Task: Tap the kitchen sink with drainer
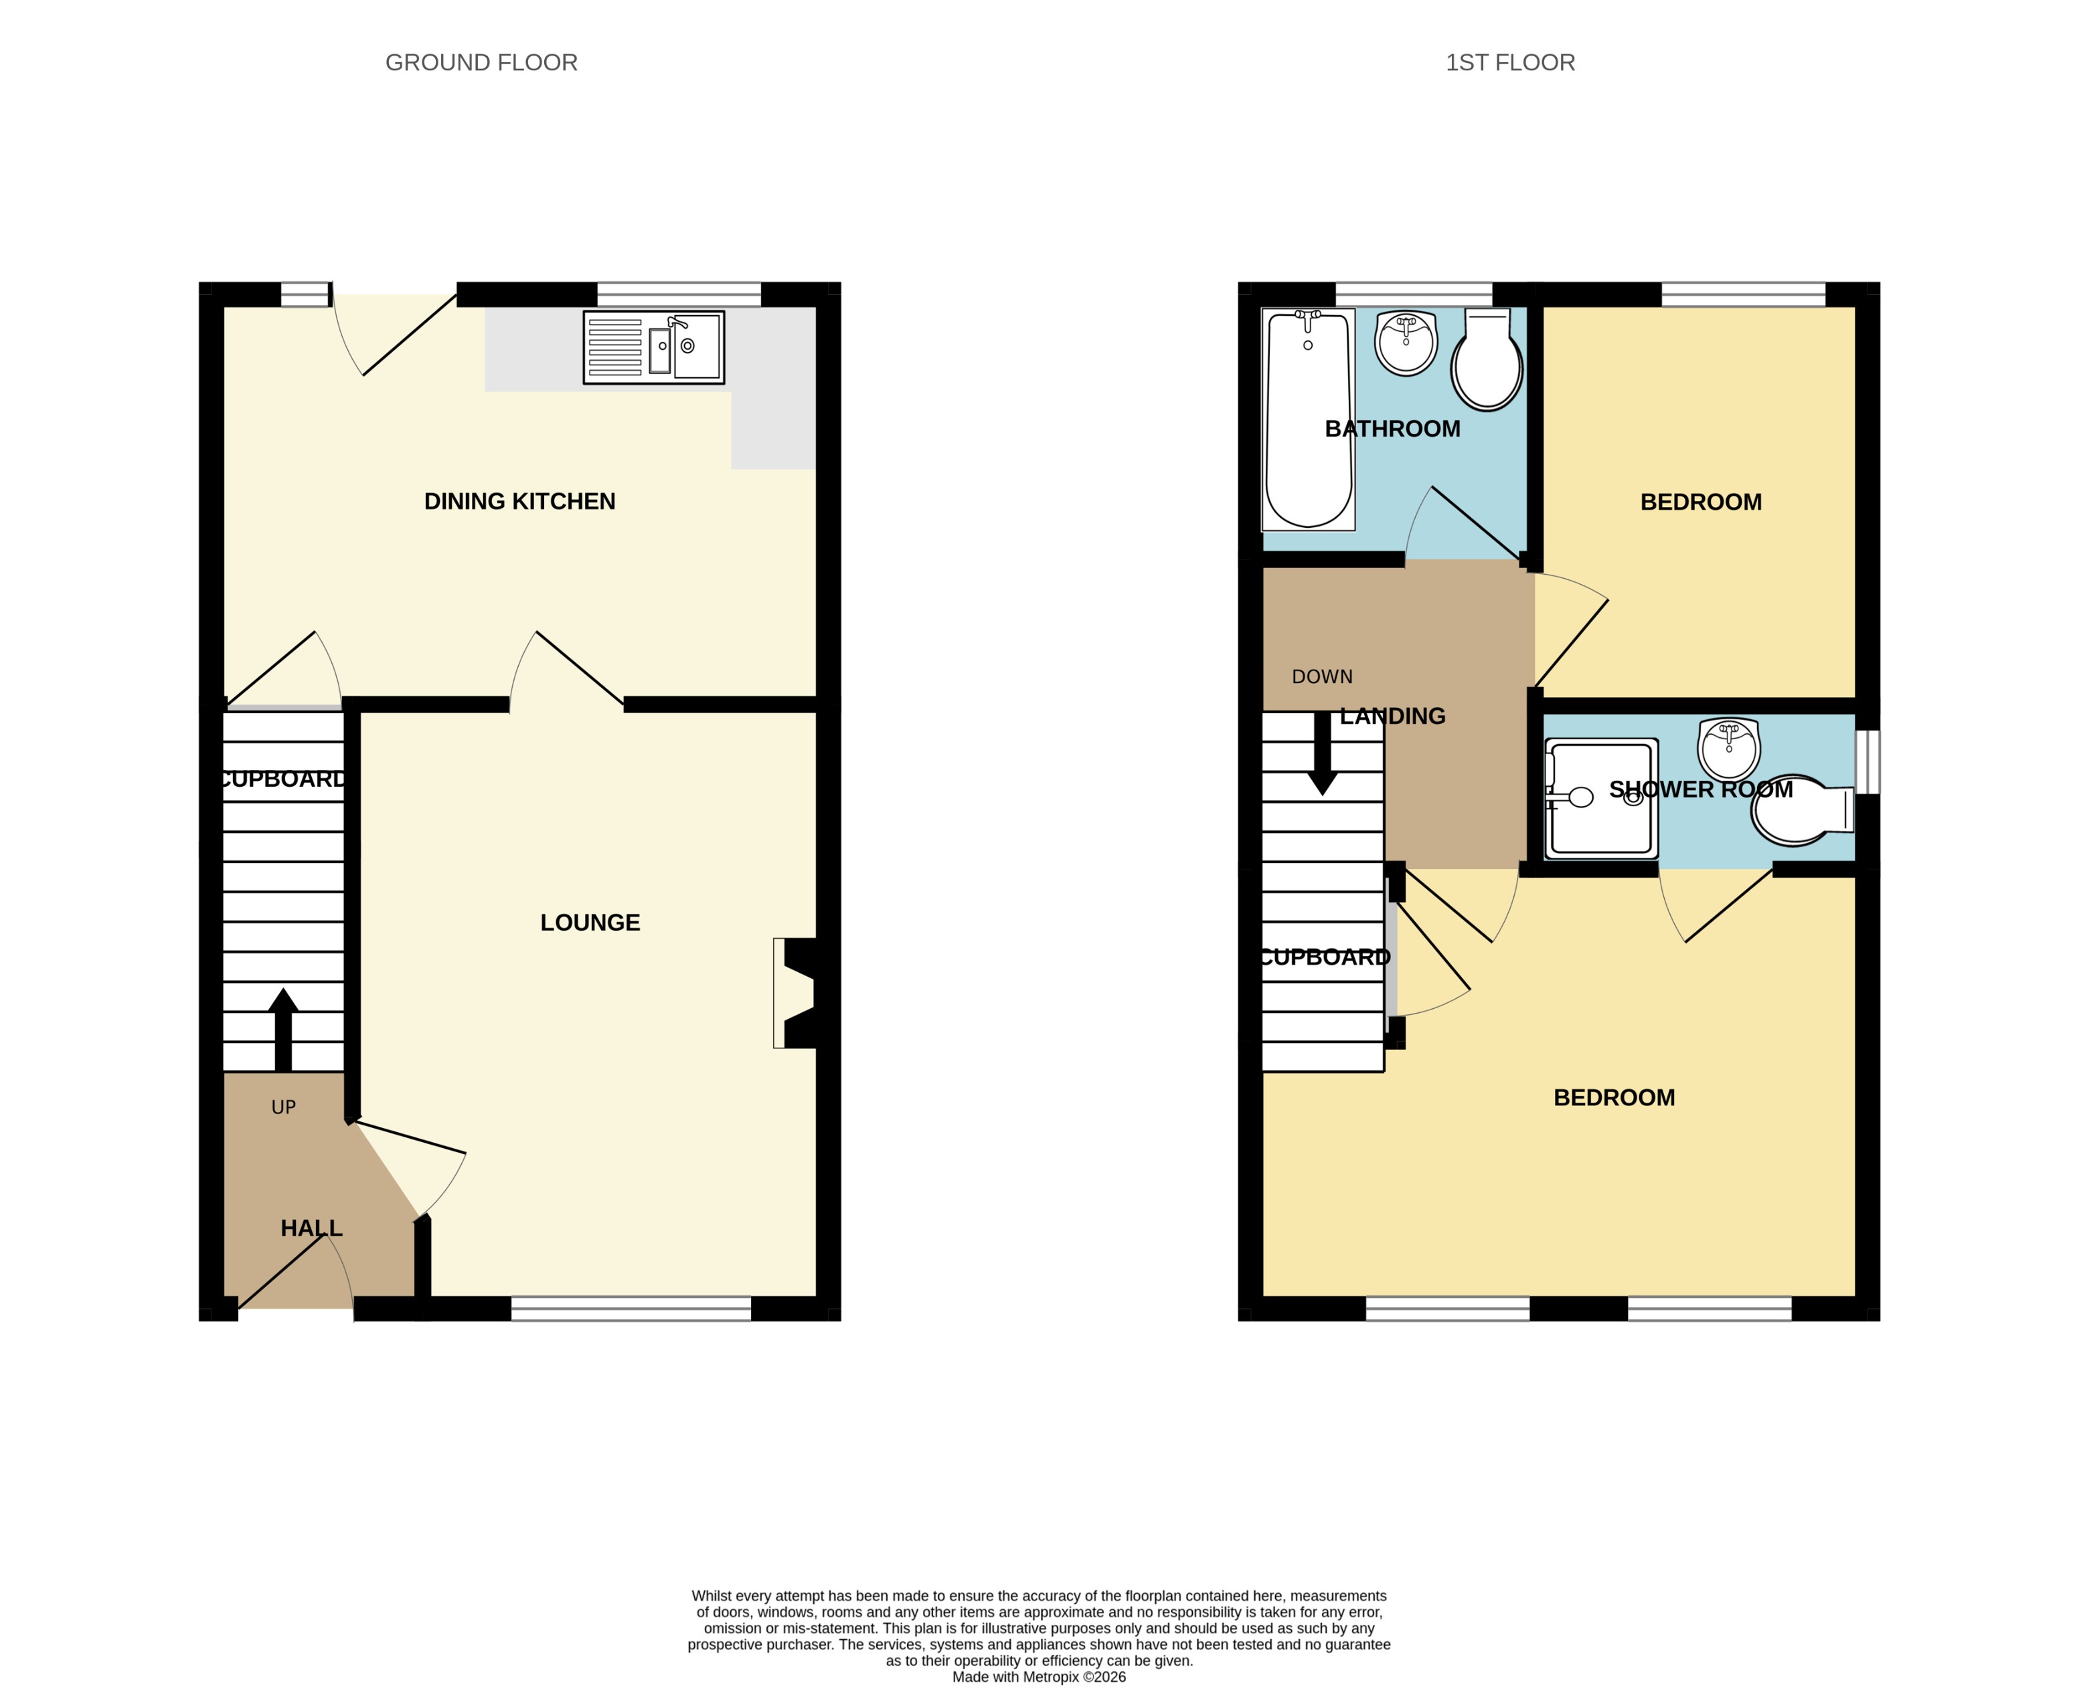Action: [x=653, y=347]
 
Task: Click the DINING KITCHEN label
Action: [x=519, y=501]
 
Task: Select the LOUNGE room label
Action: [x=590, y=923]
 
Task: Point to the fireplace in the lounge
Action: [x=797, y=993]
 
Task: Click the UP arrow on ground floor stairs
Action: [x=282, y=1030]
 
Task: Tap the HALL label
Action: [x=311, y=1228]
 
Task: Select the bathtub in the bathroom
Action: [x=1308, y=419]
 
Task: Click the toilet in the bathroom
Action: [x=1487, y=362]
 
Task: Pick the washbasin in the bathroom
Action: [x=1406, y=343]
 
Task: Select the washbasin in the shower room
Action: [x=1728, y=749]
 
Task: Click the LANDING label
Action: [x=1392, y=717]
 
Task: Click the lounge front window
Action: [x=631, y=1308]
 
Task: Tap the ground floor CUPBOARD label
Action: [x=282, y=779]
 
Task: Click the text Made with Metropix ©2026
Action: [x=1039, y=1676]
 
